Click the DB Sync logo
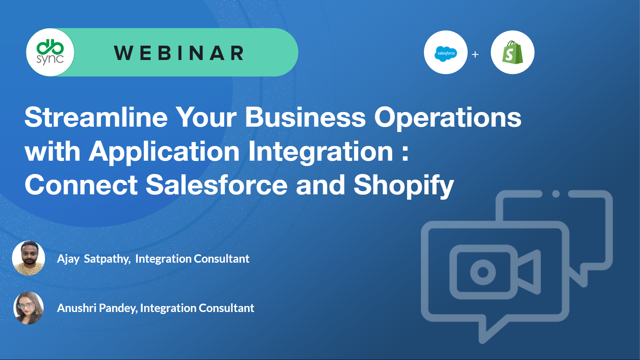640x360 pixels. coord(50,52)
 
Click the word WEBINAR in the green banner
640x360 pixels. coord(179,53)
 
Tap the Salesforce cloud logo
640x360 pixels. coord(446,53)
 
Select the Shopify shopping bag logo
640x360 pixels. coord(512,52)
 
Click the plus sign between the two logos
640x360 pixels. coord(475,54)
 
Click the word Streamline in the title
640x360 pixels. coord(96,117)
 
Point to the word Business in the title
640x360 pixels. coord(305,117)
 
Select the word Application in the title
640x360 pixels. coord(164,152)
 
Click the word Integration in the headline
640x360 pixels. coord(321,152)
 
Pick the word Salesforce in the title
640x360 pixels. coord(217,185)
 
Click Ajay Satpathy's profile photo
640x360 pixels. coord(29,258)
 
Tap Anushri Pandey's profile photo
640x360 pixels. coord(29,308)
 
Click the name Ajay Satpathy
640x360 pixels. coord(94,259)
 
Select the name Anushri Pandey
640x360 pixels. coord(97,308)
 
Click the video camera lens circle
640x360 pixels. coord(483,272)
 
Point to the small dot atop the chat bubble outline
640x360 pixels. coord(556,194)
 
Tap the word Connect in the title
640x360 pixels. coord(81,185)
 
